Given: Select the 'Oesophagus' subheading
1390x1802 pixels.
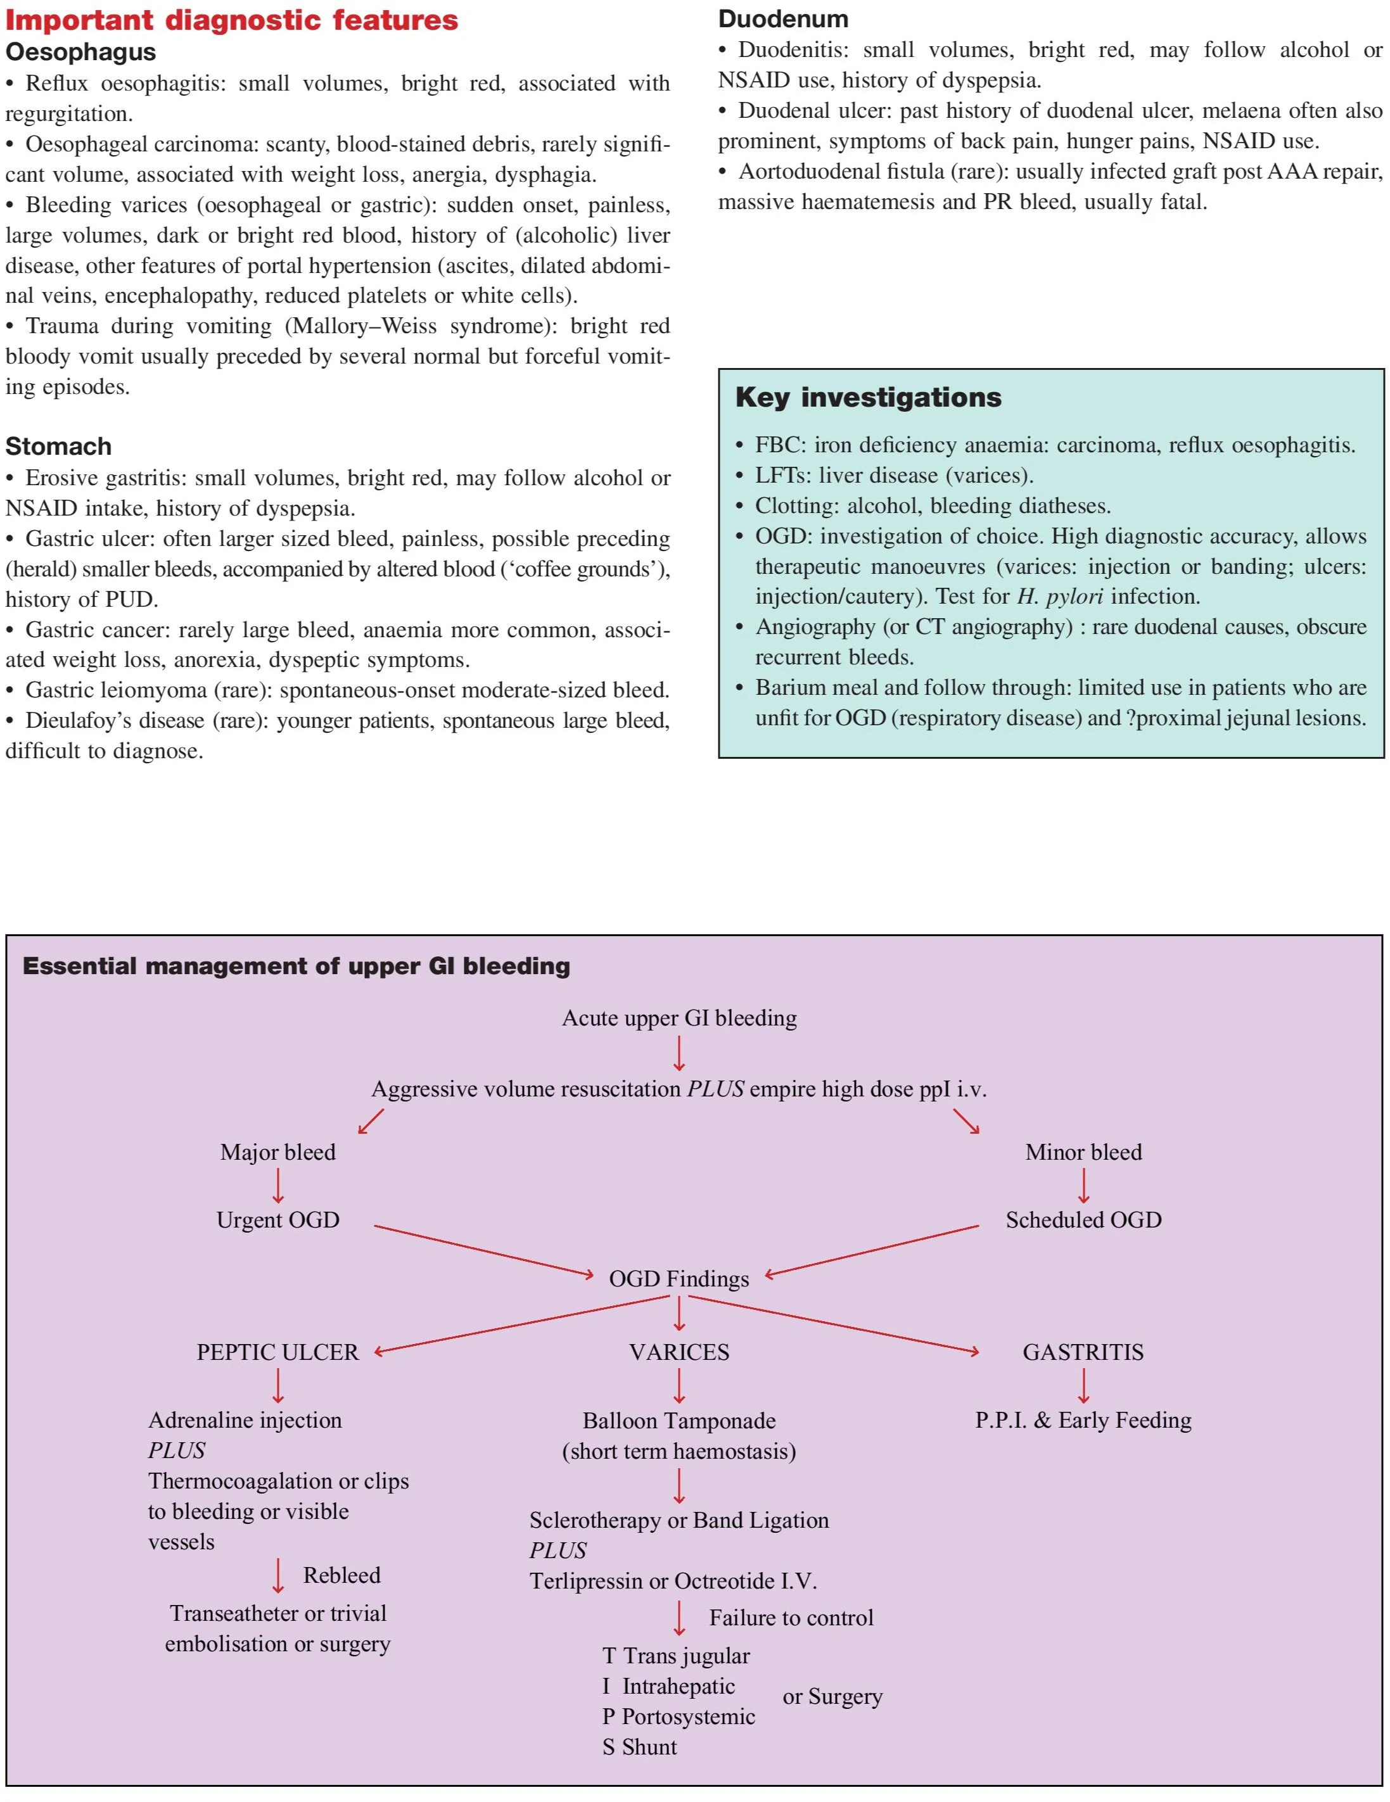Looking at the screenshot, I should point(80,52).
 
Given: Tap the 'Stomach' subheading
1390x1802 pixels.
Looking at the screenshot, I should point(58,447).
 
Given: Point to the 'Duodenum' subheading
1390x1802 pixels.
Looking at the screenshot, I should point(782,18).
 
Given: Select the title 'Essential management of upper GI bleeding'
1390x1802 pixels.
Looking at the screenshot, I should point(295,966).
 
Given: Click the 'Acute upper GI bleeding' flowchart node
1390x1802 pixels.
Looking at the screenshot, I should point(679,1018).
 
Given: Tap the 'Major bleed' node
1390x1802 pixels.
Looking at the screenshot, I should point(277,1153).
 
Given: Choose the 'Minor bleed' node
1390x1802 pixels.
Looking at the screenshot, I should point(1083,1153).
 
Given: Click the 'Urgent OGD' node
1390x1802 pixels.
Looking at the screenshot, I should point(277,1221).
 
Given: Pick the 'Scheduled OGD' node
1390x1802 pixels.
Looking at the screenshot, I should point(1083,1221).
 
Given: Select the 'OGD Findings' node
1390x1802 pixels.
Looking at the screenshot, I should point(679,1279).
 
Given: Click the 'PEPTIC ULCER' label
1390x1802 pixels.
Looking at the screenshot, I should point(277,1352).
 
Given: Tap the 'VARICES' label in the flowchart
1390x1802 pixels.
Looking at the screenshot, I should point(679,1352).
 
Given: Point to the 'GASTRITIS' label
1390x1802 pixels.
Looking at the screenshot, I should point(1083,1352).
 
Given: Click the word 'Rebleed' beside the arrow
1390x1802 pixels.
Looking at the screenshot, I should point(341,1575).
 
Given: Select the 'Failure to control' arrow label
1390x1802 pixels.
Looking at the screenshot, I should point(791,1617).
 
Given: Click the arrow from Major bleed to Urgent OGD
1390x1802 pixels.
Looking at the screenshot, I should point(277,1186).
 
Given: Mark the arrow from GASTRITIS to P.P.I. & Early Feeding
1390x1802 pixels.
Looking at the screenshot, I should point(1083,1385).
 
